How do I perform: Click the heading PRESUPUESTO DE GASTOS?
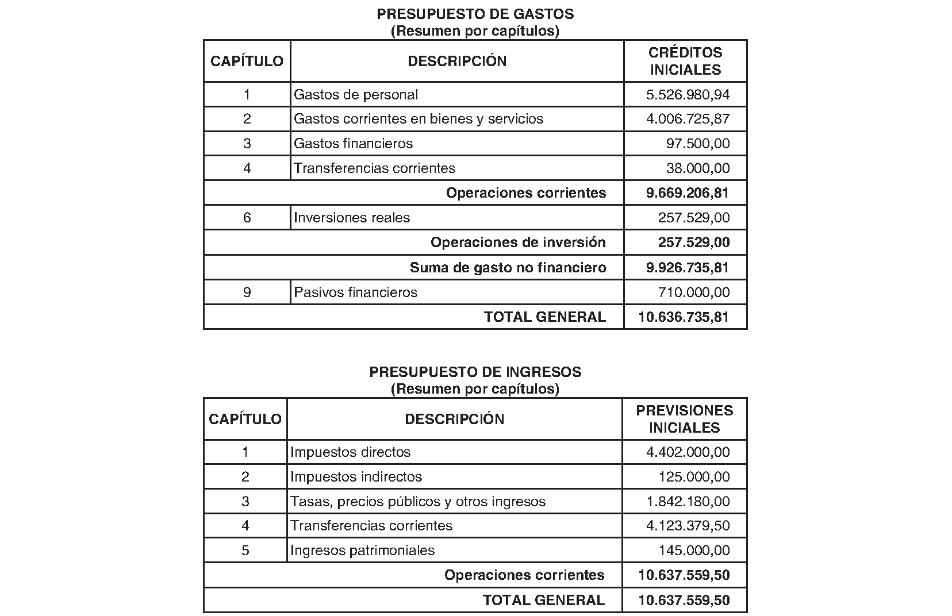pyautogui.click(x=475, y=14)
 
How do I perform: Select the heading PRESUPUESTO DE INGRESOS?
pyautogui.click(x=475, y=372)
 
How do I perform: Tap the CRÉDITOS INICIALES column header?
pyautogui.click(x=685, y=61)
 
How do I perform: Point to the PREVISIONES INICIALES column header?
pyautogui.click(x=684, y=419)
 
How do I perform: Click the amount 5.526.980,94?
pyautogui.click(x=688, y=95)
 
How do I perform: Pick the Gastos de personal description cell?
pyautogui.click(x=356, y=95)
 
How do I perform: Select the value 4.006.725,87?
pyautogui.click(x=688, y=119)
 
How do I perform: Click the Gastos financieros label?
pyautogui.click(x=353, y=144)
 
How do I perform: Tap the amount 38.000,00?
pyautogui.click(x=698, y=168)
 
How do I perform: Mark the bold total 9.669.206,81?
pyautogui.click(x=688, y=193)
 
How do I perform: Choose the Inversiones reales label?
pyautogui.click(x=352, y=218)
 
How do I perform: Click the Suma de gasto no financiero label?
pyautogui.click(x=508, y=267)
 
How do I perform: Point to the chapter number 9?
pyautogui.click(x=247, y=292)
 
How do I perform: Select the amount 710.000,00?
pyautogui.click(x=694, y=292)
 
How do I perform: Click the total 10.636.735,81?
pyautogui.click(x=684, y=317)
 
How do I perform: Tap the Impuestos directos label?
pyautogui.click(x=350, y=452)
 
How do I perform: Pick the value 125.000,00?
pyautogui.click(x=694, y=477)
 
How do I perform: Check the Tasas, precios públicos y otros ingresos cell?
pyautogui.click(x=418, y=502)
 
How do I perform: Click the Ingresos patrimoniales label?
pyautogui.click(x=362, y=550)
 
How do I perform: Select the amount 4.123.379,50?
pyautogui.click(x=688, y=526)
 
